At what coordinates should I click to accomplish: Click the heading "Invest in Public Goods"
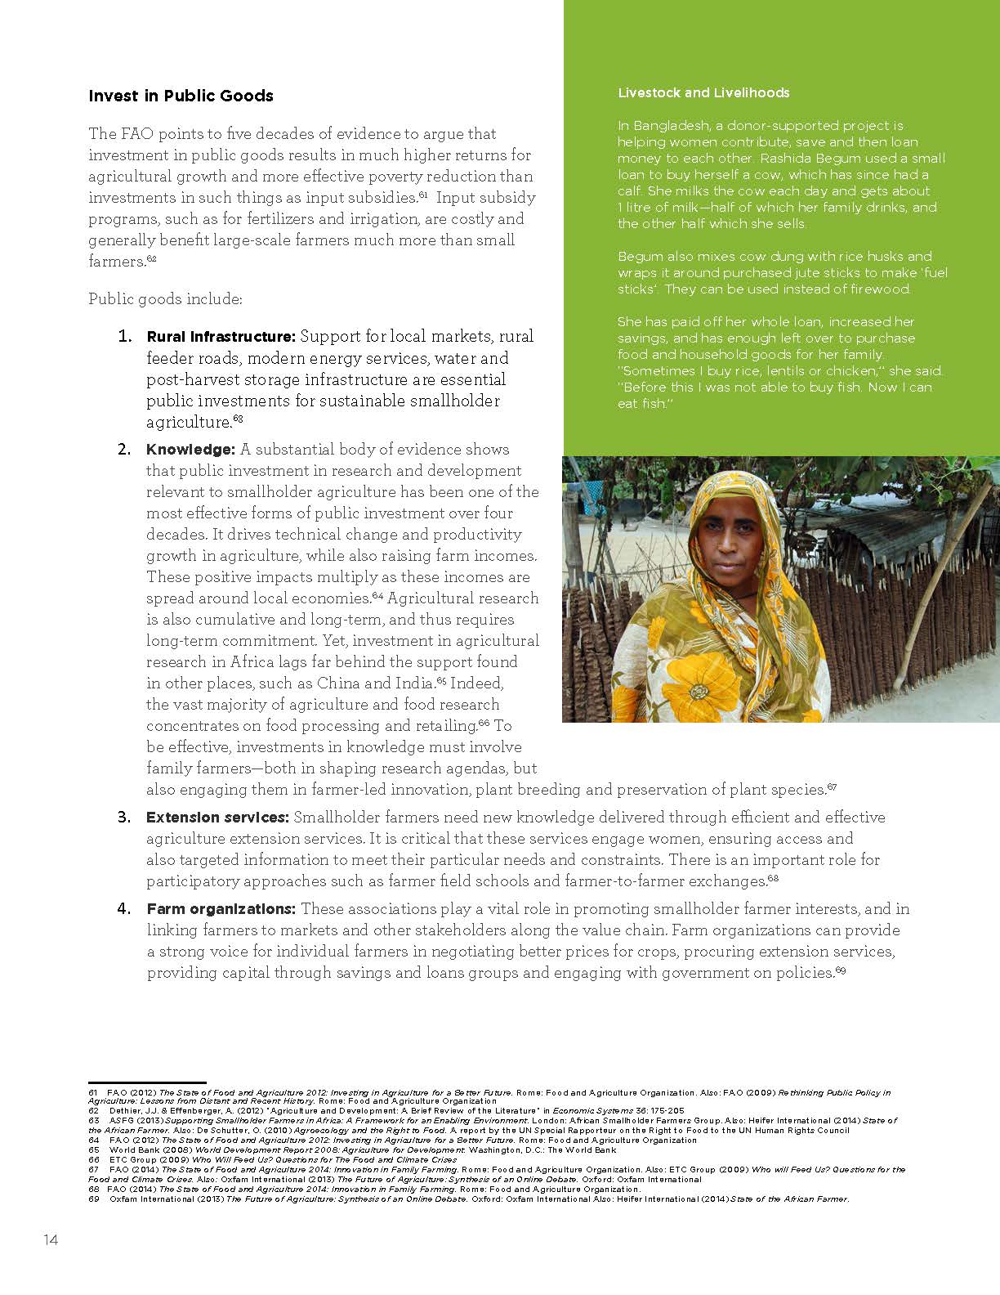[x=181, y=96]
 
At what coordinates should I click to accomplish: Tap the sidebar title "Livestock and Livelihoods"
[x=703, y=92]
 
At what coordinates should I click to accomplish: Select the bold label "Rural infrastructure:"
[x=221, y=337]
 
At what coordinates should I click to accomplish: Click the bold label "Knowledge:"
[x=190, y=450]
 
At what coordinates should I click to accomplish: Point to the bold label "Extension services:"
[x=217, y=818]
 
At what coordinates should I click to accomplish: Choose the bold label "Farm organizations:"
[x=221, y=909]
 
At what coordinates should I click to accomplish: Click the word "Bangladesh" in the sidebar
[x=672, y=126]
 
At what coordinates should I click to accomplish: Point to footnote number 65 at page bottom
[x=93, y=1149]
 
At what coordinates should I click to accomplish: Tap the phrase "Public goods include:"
[x=165, y=299]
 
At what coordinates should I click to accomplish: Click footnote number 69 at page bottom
[x=93, y=1199]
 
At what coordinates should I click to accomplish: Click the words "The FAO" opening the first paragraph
[x=116, y=134]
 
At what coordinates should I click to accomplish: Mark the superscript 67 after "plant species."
[x=832, y=787]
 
